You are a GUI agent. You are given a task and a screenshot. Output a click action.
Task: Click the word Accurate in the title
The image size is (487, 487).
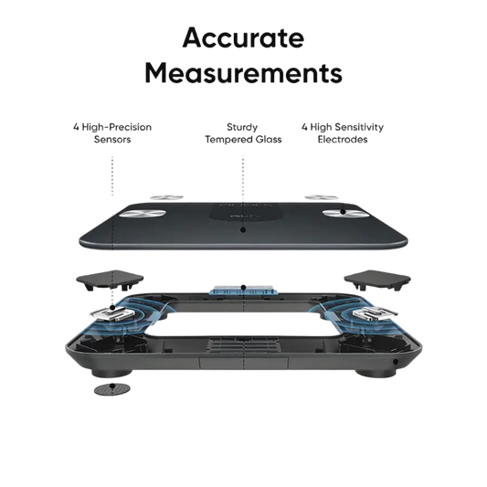tap(243, 37)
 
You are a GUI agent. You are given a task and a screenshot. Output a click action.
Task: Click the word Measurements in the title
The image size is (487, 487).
tap(243, 73)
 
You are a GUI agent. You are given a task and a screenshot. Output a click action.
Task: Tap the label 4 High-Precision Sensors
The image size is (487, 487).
tap(112, 132)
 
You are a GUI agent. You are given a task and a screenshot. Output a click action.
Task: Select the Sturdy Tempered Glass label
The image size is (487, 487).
tap(243, 132)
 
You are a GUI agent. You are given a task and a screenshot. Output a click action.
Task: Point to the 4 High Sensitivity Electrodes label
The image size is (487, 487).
tap(343, 132)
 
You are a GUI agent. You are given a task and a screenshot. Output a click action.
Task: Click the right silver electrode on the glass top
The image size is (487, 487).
tap(344, 213)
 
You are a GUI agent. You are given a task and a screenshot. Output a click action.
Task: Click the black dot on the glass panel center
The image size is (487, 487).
tap(243, 230)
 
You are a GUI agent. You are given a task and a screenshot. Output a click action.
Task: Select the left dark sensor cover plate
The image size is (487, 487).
tap(110, 280)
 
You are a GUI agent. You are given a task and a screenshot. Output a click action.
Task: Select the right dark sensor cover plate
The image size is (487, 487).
tap(377, 280)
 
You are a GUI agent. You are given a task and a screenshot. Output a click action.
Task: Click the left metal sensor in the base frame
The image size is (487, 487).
tap(112, 313)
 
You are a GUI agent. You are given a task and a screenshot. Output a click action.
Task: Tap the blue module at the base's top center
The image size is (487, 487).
tap(243, 289)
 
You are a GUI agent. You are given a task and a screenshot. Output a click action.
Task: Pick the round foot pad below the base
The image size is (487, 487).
tap(112, 389)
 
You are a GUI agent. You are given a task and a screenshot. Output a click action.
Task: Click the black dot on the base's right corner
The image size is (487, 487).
tap(396, 362)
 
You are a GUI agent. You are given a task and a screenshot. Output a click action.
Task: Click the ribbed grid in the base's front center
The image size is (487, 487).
tap(244, 344)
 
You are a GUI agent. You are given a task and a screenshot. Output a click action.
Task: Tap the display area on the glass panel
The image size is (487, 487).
tap(242, 213)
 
